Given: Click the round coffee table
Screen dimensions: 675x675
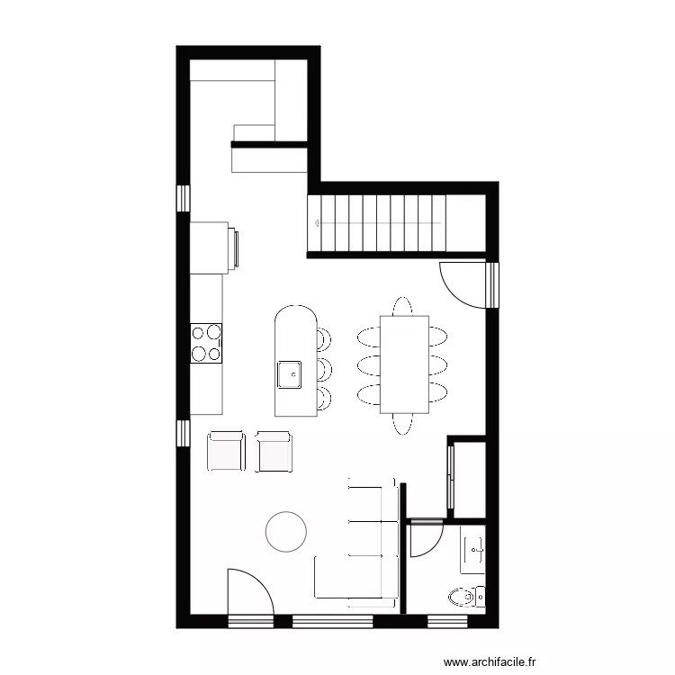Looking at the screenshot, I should tap(286, 531).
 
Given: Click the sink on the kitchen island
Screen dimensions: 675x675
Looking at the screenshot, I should tap(290, 373).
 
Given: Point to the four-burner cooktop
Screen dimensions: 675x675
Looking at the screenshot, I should tap(206, 342).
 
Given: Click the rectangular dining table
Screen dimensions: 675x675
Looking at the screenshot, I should tap(403, 364).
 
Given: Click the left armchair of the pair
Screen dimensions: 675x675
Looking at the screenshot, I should tap(226, 451).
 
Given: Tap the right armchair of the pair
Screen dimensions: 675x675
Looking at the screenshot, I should tap(274, 451).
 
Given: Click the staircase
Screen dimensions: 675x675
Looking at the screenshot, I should tap(378, 223).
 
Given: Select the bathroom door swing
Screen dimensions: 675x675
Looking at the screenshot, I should tap(425, 538).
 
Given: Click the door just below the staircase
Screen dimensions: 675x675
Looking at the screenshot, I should tap(463, 281).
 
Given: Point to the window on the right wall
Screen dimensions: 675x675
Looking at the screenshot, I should tap(491, 284).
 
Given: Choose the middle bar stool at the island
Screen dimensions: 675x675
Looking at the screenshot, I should tap(323, 367).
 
